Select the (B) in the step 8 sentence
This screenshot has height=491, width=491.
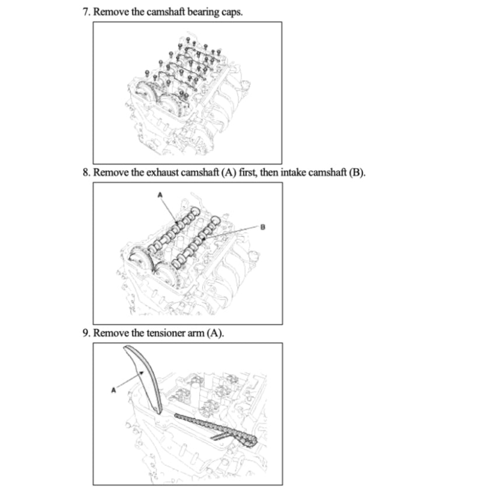click(357, 173)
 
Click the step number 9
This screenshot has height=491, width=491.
click(86, 333)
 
